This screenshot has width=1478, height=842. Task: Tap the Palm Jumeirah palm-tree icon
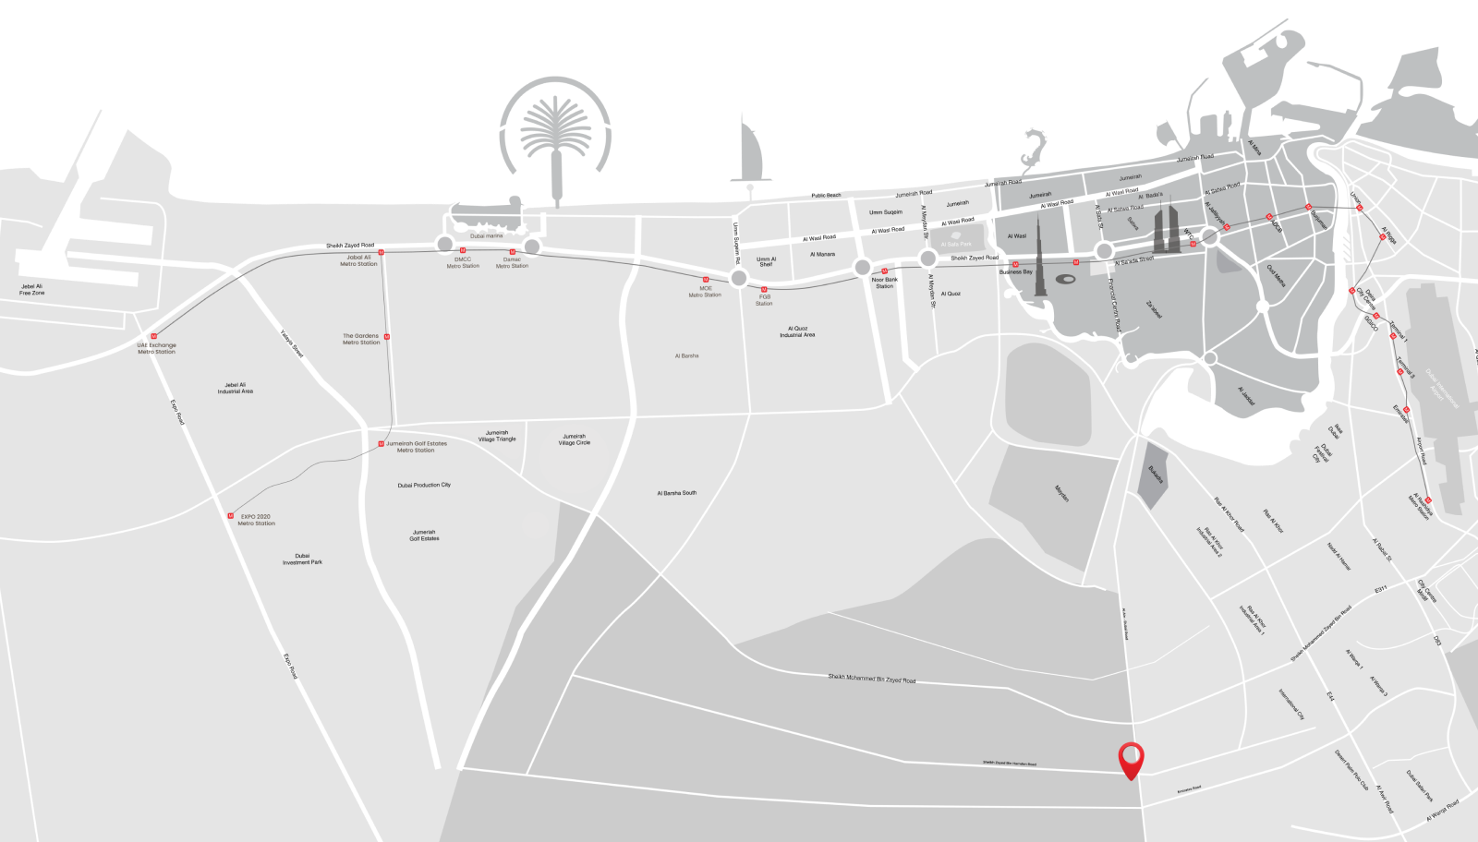tap(555, 138)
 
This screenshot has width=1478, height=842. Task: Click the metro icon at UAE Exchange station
tap(154, 336)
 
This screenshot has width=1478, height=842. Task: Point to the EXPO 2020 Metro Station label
tap(256, 520)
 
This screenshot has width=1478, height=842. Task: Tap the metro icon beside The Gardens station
tap(386, 337)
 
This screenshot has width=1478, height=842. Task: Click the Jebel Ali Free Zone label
tap(32, 289)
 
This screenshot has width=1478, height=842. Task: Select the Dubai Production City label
tap(424, 485)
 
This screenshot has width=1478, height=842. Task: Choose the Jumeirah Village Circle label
tap(574, 439)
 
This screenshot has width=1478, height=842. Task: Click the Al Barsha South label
tap(677, 493)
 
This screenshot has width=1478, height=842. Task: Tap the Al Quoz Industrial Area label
tap(797, 331)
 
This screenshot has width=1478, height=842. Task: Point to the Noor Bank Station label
tap(884, 283)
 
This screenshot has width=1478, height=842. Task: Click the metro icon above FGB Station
tap(764, 289)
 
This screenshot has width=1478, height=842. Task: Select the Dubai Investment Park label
tap(302, 559)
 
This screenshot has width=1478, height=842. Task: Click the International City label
tap(1291, 704)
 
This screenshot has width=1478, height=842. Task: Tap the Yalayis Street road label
tap(292, 344)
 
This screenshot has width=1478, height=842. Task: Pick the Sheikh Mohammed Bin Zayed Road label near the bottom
tap(871, 679)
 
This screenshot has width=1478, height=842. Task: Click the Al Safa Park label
tap(956, 244)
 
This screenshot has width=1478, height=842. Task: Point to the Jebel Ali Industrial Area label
tap(236, 388)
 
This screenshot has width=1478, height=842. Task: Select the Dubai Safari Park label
tap(1420, 786)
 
